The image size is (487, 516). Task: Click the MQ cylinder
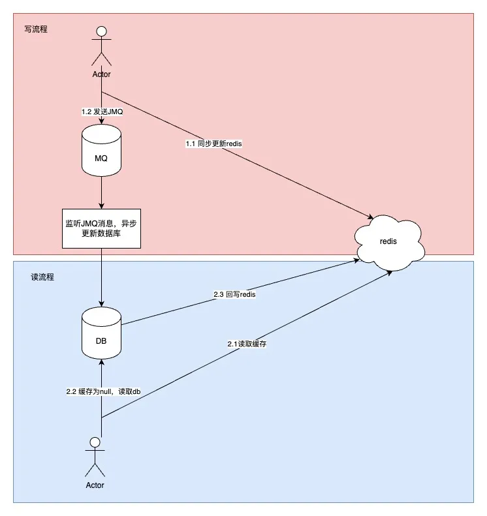tap(101, 153)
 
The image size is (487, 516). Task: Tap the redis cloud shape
tap(388, 240)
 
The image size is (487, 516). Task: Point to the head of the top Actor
tap(101, 31)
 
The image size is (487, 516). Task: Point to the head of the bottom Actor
tap(95, 443)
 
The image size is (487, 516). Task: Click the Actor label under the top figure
tap(101, 74)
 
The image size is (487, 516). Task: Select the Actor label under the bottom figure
tap(95, 485)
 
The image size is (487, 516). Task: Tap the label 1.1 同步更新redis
tap(213, 143)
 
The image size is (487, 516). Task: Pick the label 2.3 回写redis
tap(234, 294)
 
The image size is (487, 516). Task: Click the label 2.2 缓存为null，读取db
tap(103, 391)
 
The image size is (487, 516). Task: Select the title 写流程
tap(35, 29)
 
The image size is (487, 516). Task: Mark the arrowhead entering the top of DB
tap(101, 303)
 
